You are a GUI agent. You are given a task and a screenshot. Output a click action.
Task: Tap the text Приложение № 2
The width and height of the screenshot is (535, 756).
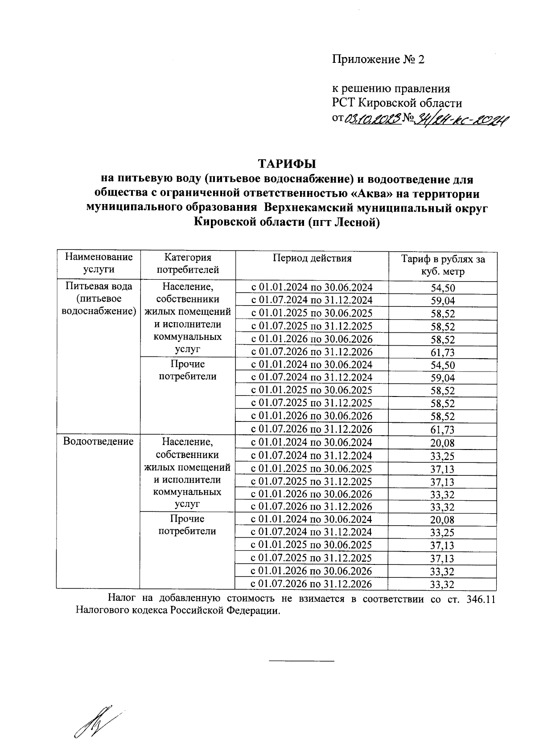tap(378, 60)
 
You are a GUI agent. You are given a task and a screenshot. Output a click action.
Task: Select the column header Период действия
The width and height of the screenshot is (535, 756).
tap(312, 258)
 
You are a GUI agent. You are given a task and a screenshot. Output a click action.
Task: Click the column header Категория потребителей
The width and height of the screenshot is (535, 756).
tap(187, 263)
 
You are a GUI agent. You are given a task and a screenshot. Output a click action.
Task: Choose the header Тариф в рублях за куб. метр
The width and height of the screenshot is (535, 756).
tap(443, 265)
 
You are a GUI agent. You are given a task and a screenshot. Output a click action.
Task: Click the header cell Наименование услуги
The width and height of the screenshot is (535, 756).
tap(99, 263)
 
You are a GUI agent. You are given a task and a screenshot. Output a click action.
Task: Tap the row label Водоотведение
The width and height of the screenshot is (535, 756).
tap(99, 441)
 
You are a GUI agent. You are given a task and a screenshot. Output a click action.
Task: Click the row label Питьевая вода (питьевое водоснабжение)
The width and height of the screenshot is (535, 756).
tap(99, 298)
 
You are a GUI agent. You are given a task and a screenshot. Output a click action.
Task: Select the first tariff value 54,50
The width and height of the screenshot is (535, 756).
tap(443, 288)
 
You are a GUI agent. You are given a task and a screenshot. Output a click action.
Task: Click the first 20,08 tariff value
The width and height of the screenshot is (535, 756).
tap(443, 443)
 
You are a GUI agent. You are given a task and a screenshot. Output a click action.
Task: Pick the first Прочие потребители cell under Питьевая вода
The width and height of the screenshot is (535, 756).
tap(187, 370)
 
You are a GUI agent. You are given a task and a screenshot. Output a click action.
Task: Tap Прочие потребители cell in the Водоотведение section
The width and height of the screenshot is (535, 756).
tap(187, 525)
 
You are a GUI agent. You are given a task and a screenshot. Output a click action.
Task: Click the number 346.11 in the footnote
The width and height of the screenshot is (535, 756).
tap(481, 599)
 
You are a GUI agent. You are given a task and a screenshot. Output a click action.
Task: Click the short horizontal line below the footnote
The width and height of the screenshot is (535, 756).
tap(301, 661)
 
